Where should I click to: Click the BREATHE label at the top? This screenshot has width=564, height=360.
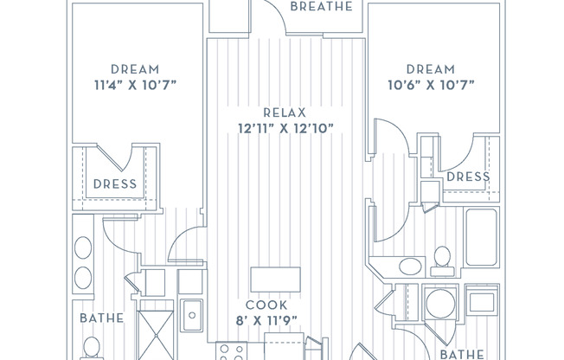tap(321, 6)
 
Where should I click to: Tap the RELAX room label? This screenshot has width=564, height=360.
tap(285, 112)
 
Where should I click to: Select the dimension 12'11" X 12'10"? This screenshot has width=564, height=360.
tap(285, 128)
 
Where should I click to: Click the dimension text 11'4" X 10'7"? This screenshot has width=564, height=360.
tap(135, 86)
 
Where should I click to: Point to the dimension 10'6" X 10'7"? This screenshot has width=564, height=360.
tap(431, 86)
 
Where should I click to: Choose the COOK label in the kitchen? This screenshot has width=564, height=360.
tap(266, 305)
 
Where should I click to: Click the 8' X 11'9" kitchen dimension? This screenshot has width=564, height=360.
tap(266, 320)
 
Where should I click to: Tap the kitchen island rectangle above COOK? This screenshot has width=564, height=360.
tap(276, 280)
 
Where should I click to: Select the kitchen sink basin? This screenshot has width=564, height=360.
tap(192, 315)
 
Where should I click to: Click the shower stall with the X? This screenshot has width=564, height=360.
tap(156, 335)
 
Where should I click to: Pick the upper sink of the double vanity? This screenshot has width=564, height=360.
tap(83, 247)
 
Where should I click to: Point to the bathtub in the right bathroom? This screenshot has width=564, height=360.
tap(481, 238)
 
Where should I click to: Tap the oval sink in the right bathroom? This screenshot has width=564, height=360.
tap(410, 267)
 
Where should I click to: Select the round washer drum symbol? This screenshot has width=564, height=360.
tap(440, 303)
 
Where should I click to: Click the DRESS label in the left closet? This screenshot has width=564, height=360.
tap(115, 184)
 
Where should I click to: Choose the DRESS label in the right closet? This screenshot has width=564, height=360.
tap(468, 177)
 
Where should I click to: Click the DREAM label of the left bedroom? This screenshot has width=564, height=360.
tap(135, 69)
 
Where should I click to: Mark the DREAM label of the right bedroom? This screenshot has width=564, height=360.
tap(431, 69)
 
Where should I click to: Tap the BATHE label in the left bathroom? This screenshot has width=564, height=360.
tap(102, 318)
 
